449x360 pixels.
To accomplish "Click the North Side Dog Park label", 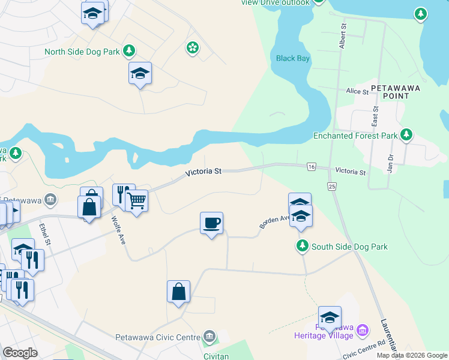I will tap(82, 52).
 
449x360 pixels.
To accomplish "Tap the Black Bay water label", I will tap(292, 58).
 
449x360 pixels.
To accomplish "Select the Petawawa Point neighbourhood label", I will tap(396, 88).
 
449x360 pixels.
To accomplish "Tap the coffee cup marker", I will tap(211, 223).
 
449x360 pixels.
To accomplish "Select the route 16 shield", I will tap(311, 166).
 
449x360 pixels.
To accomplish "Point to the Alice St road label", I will tap(357, 91).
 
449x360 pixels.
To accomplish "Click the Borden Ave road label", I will tap(275, 221).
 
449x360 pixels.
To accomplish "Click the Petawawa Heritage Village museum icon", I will tap(362, 330).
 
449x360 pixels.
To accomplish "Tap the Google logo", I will tap(20, 353).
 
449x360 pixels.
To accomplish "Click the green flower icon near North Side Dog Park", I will tap(192, 47).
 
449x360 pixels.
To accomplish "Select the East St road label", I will tap(375, 115).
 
